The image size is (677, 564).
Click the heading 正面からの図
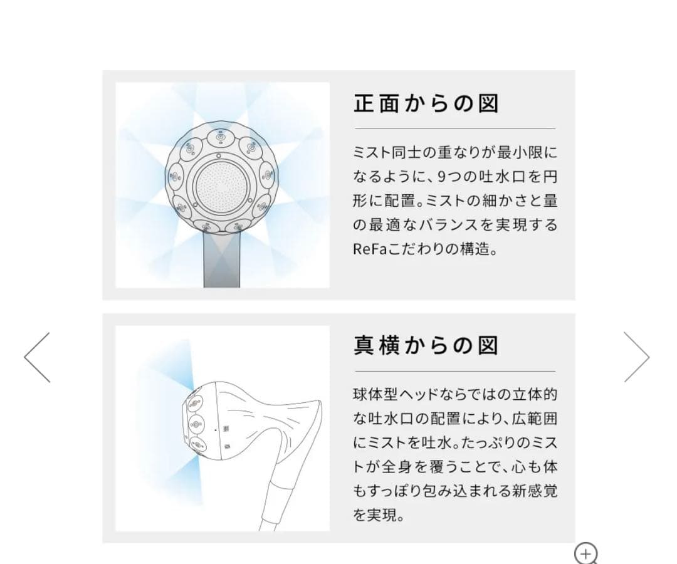[426, 103]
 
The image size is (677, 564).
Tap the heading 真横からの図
[426, 345]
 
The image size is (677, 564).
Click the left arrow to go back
[38, 357]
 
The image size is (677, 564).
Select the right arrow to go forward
[636, 357]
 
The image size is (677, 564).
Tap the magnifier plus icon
[586, 554]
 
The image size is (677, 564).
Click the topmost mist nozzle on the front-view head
[221, 136]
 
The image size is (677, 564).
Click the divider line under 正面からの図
[454, 128]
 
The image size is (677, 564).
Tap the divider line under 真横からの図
[454, 371]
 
